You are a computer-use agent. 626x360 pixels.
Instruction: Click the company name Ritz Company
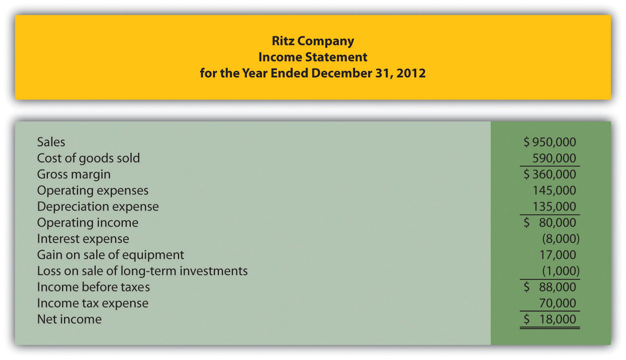(x=313, y=41)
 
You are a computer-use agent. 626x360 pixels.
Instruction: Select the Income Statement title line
(x=313, y=57)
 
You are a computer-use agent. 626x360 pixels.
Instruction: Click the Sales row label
(x=51, y=142)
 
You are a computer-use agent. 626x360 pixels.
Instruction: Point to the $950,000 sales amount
(x=550, y=142)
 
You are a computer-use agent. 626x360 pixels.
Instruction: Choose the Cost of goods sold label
(x=88, y=158)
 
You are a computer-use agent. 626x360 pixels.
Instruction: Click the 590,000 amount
(x=554, y=158)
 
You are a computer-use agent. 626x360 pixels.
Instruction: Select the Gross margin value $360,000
(x=550, y=174)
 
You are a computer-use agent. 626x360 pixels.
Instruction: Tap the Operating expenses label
(x=93, y=190)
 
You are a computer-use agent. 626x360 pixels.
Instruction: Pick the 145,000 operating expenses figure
(x=554, y=190)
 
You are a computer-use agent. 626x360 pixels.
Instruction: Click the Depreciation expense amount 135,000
(x=554, y=207)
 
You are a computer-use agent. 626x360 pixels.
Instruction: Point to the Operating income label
(x=88, y=223)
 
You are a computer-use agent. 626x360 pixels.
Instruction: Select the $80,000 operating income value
(x=550, y=223)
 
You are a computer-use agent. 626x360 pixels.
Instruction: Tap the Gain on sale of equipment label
(x=110, y=255)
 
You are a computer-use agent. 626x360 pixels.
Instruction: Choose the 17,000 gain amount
(x=558, y=255)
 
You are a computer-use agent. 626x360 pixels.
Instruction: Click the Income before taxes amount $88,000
(x=550, y=287)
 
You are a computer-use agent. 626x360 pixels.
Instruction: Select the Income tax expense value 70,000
(x=558, y=303)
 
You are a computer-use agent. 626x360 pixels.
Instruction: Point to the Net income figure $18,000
(x=550, y=319)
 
